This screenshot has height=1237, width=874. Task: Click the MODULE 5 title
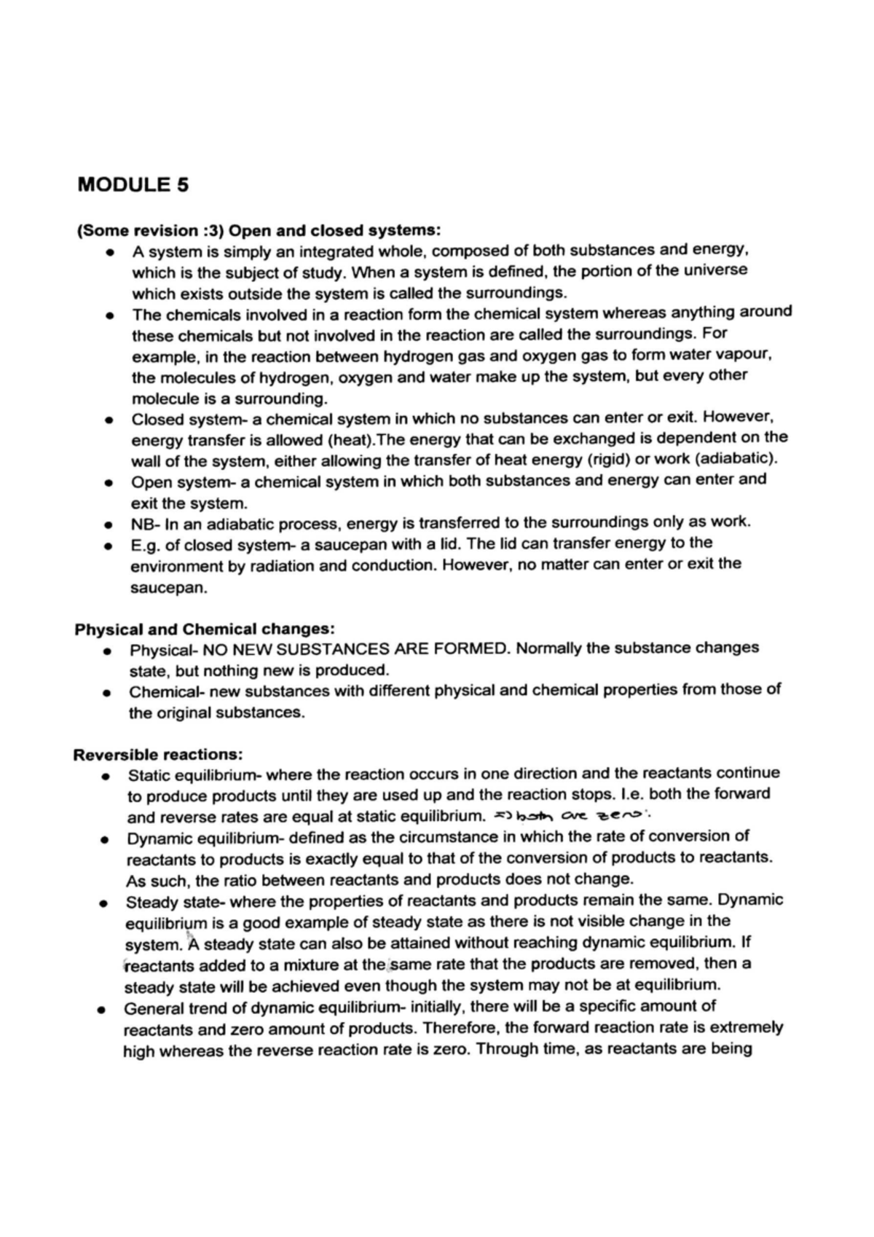coord(133,184)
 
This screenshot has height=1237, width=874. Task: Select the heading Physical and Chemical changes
coord(205,629)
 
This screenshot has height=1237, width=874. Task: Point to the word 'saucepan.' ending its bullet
coord(169,588)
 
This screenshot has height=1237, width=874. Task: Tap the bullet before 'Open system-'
coord(109,483)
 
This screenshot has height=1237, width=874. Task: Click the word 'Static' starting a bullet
coord(149,774)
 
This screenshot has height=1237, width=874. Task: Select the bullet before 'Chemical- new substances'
coord(107,692)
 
